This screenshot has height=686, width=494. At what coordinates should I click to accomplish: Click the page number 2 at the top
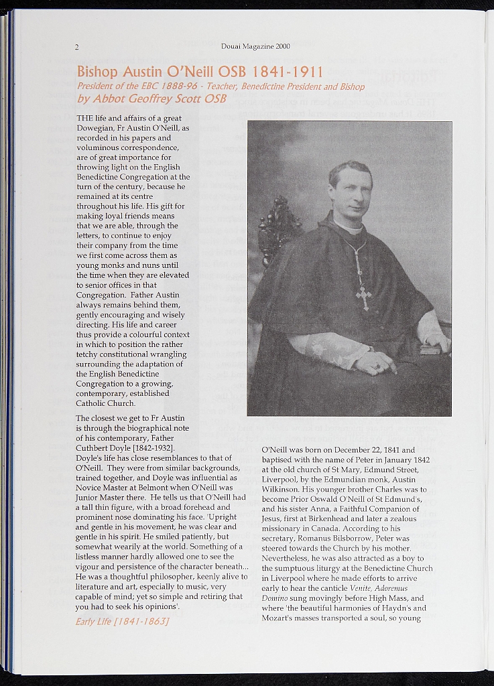coord(77,47)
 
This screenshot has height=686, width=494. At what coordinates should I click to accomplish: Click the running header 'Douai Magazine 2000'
coord(255,47)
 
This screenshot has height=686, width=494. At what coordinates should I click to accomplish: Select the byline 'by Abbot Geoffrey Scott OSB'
coord(151,98)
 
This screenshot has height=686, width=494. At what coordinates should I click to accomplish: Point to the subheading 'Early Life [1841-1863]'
coord(122,621)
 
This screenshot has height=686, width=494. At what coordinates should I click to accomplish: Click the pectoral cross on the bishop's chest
coord(363,295)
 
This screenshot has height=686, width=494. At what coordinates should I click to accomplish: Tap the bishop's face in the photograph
coord(351,192)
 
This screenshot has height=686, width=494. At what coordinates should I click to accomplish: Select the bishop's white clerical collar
coord(349,229)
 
